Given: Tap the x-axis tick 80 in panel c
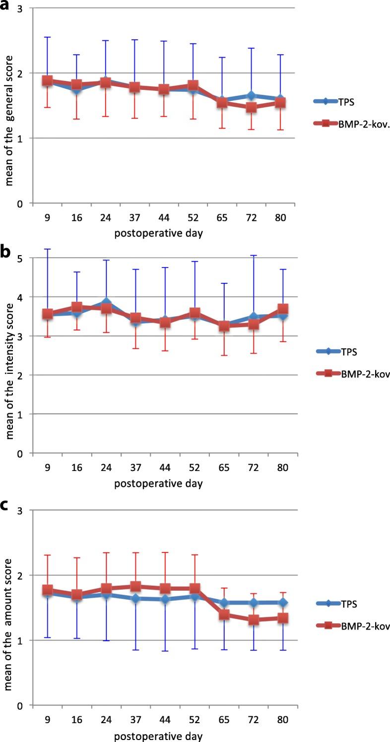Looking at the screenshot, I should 281,720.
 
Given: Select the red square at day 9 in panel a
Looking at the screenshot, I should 48,80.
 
